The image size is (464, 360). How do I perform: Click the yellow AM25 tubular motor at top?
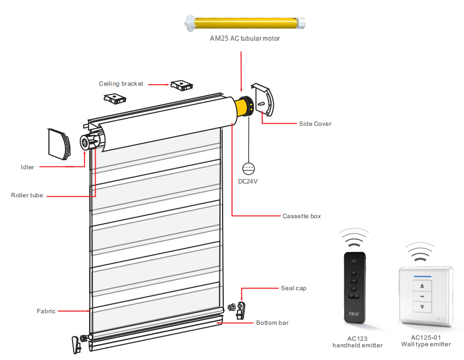pyautogui.click(x=245, y=23)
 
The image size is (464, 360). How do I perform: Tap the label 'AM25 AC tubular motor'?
pyautogui.click(x=245, y=39)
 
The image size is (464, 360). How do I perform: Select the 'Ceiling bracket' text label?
pyautogui.click(x=121, y=84)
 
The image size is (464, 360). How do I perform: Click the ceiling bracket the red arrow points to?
pyautogui.click(x=181, y=85)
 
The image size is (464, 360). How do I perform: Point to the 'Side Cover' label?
pyautogui.click(x=315, y=124)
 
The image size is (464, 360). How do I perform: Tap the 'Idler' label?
pyautogui.click(x=27, y=167)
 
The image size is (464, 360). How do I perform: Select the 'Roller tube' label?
pyautogui.click(x=27, y=195)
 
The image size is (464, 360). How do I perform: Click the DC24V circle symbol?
pyautogui.click(x=250, y=169)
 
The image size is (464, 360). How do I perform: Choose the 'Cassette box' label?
pyautogui.click(x=301, y=216)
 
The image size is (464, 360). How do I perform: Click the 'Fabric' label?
pyautogui.click(x=46, y=311)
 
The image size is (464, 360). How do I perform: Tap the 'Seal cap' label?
pyautogui.click(x=294, y=288)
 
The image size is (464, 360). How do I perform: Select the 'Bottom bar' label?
pyautogui.click(x=272, y=323)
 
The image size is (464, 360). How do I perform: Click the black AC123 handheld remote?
pyautogui.click(x=355, y=285)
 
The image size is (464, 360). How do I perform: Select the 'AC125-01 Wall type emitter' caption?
pyautogui.click(x=426, y=341)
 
